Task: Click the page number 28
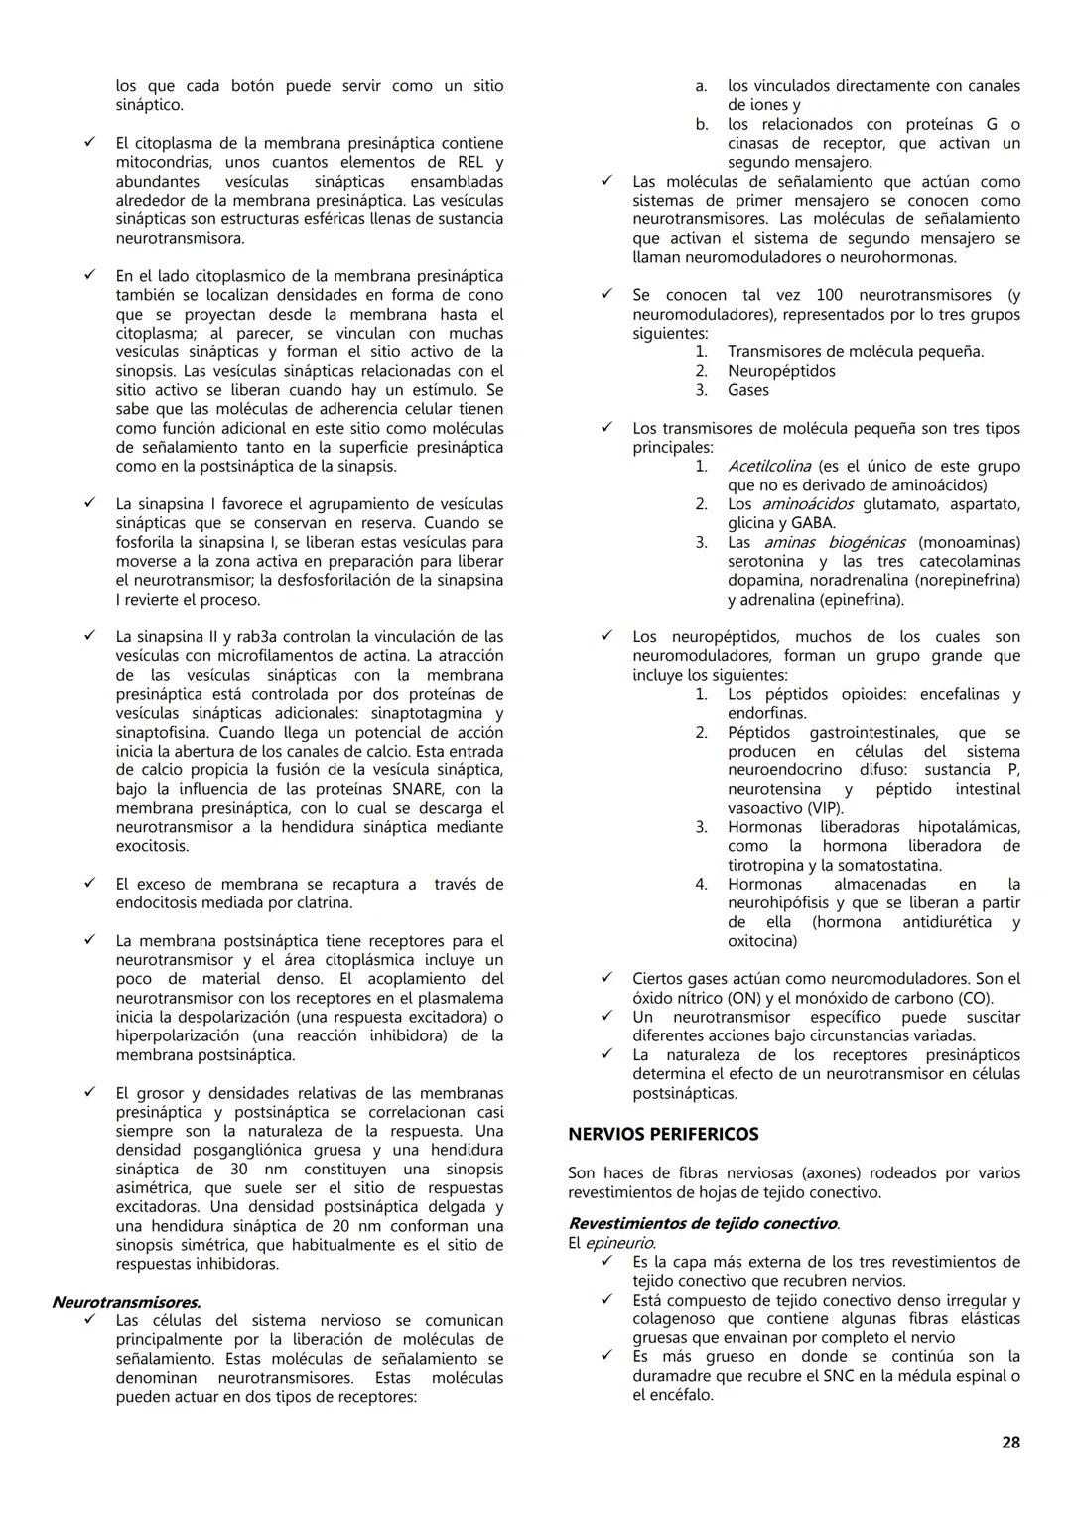1010,1443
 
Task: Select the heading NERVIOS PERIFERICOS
663,1134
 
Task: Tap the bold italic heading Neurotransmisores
126,1302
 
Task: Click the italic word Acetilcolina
768,466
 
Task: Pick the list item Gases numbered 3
747,390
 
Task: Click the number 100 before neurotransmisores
830,295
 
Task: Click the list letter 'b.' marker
701,124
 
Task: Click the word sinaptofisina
160,732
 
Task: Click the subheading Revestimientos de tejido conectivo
703,1224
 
